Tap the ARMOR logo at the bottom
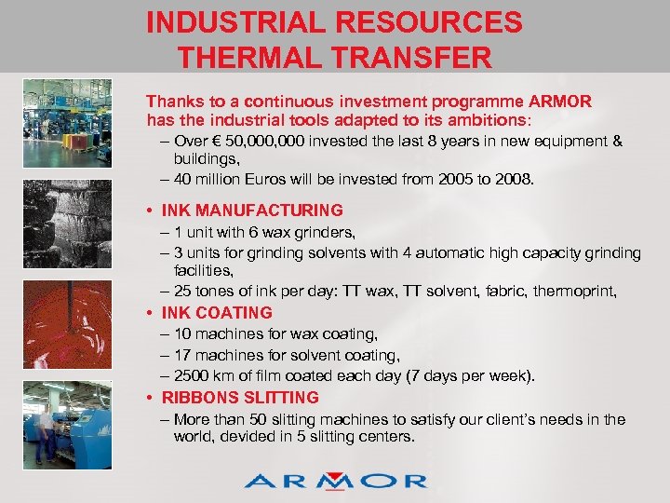(x=335, y=480)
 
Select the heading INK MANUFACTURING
(x=252, y=211)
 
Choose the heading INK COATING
(x=217, y=313)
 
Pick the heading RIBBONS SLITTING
(x=240, y=398)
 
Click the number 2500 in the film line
(x=193, y=376)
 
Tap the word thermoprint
(x=576, y=292)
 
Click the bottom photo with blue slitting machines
(x=66, y=419)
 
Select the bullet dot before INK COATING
(x=150, y=313)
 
